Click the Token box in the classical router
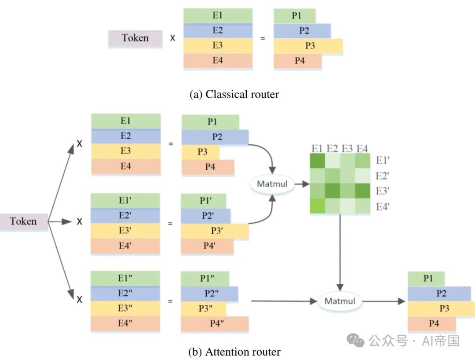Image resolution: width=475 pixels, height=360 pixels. (135, 38)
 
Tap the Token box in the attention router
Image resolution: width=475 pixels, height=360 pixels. (24, 221)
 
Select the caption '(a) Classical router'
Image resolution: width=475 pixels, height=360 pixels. (234, 94)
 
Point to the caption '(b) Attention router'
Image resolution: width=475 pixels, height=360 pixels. (234, 352)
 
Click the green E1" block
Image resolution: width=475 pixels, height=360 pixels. (125, 279)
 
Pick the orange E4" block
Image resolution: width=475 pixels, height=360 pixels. (125, 323)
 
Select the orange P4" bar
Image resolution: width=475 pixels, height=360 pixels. (215, 324)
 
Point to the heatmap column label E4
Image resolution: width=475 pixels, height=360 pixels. (362, 149)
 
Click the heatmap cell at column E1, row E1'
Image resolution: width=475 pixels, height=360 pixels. (317, 162)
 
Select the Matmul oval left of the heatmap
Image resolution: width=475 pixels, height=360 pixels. (272, 184)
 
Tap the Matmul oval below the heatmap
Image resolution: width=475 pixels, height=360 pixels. (340, 301)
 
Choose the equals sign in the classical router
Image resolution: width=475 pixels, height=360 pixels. (263, 38)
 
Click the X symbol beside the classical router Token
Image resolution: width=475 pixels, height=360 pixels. (172, 38)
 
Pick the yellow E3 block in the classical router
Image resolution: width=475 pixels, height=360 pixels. (218, 46)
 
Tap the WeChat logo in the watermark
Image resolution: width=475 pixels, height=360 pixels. (355, 340)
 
